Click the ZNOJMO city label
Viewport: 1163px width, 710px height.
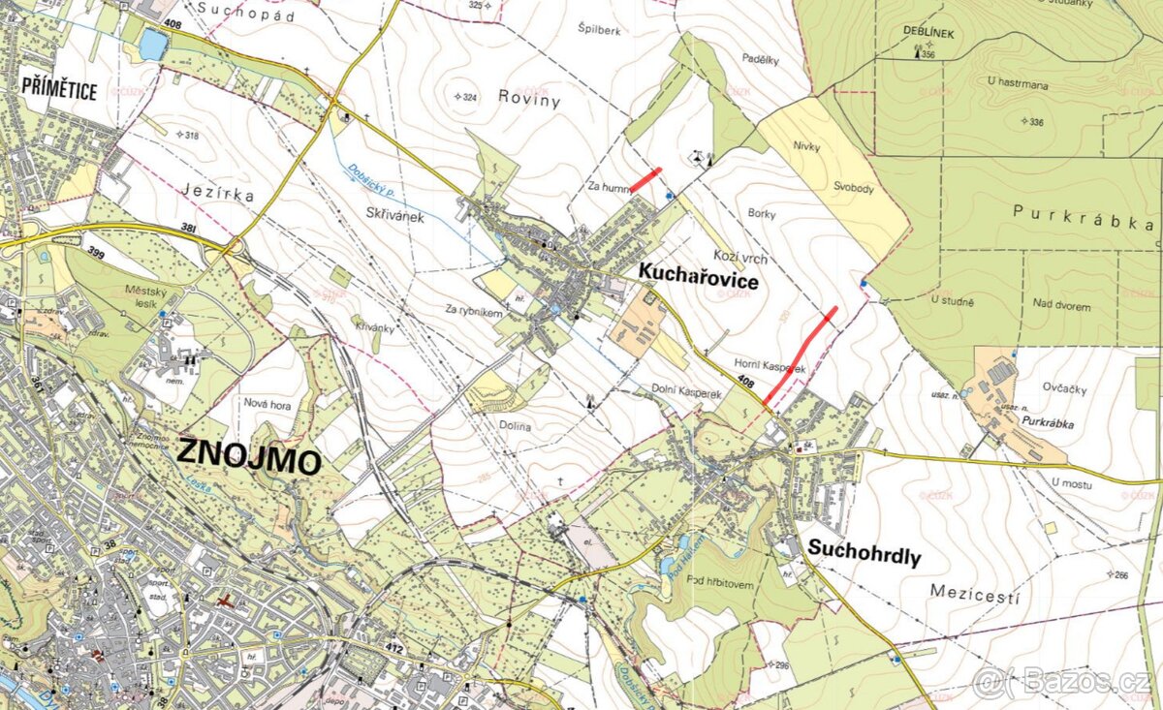249,455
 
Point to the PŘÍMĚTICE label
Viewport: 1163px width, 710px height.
59,91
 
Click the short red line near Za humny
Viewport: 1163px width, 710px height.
645,180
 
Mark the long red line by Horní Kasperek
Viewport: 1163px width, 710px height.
800,355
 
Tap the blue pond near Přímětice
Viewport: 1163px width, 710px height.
153,45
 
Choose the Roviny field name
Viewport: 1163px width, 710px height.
530,96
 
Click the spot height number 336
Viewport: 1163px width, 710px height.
1036,122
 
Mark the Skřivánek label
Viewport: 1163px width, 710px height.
395,218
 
